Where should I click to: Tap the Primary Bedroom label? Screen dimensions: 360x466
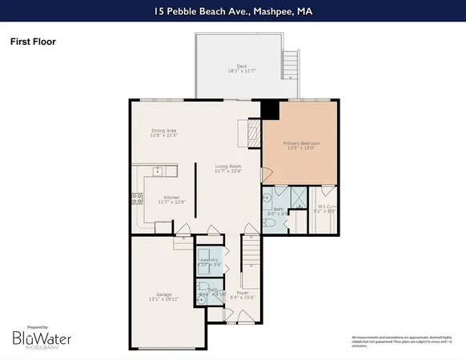point(301,146)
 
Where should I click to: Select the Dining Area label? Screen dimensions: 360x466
point(164,134)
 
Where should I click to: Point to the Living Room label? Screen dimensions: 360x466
point(227,168)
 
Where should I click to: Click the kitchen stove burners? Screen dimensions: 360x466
point(137,198)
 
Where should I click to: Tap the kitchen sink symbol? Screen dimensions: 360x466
point(159,170)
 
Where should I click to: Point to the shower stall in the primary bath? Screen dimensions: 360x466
point(295,197)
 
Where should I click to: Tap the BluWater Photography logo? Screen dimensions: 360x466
point(42,338)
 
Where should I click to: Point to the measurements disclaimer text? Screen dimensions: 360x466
point(396,342)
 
